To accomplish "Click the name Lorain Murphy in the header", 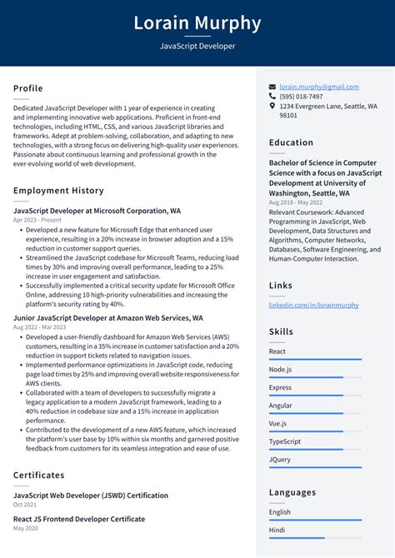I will [x=197, y=22].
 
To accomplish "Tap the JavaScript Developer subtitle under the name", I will [x=197, y=47].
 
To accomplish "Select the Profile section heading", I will [x=28, y=88].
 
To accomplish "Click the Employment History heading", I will [x=58, y=191].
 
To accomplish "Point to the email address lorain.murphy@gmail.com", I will [x=319, y=87].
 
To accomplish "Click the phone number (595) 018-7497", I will [x=301, y=97].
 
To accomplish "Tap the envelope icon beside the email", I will [x=272, y=87].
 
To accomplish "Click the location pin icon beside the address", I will [x=272, y=107].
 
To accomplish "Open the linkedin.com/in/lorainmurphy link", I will [x=313, y=305].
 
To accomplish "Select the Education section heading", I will [x=291, y=142].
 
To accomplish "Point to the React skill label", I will [x=277, y=351].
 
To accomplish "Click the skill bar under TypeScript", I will [x=315, y=450].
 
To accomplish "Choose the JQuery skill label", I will [x=280, y=460].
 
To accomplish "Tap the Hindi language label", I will [x=277, y=530].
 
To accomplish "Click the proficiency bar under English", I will [x=315, y=520].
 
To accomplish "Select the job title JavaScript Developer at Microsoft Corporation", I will [x=97, y=212].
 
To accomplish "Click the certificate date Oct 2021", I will [x=26, y=505].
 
